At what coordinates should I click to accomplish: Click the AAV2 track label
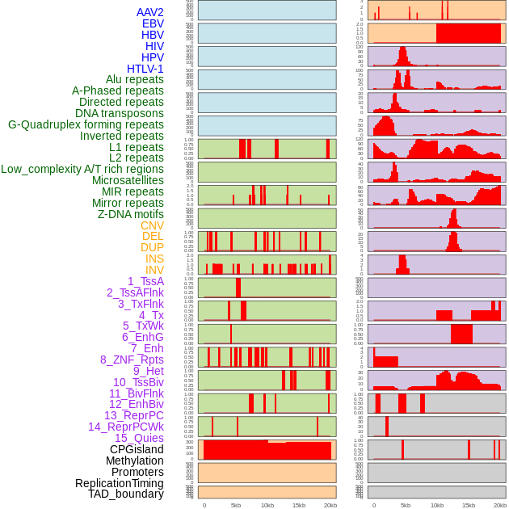[x=149, y=12]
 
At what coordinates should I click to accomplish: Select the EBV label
[x=153, y=23]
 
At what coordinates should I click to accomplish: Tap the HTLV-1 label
[x=145, y=69]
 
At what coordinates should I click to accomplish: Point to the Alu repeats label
[x=134, y=79]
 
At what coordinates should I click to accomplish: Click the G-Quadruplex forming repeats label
[x=86, y=124]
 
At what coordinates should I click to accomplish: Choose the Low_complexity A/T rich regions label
[x=82, y=169]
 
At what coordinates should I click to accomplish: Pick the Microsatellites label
[x=128, y=180]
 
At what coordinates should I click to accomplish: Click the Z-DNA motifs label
[x=130, y=214]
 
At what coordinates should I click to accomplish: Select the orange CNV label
[x=152, y=225]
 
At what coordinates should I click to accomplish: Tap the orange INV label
[x=154, y=270]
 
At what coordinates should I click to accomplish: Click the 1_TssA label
[x=145, y=281]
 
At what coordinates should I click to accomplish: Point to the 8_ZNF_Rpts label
[x=132, y=360]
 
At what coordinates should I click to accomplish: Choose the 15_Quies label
[x=139, y=438]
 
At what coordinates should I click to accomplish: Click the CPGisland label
[x=137, y=449]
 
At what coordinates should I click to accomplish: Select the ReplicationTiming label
[x=119, y=483]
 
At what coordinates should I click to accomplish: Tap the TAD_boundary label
[x=125, y=494]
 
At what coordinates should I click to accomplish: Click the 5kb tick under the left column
[x=236, y=505]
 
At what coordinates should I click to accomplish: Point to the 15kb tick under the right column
[x=469, y=505]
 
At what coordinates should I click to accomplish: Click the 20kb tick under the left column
[x=330, y=505]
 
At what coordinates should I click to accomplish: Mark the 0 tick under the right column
[x=373, y=505]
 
